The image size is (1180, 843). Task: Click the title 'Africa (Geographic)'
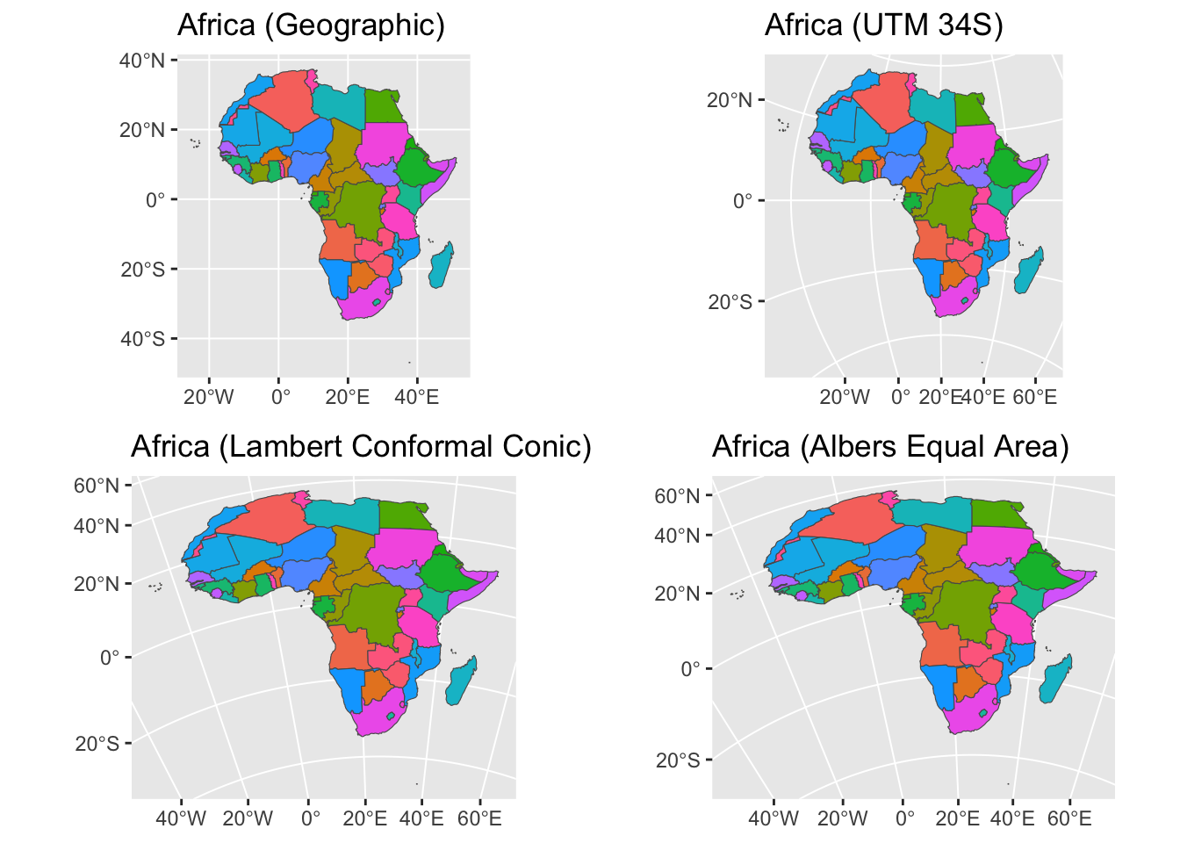tap(311, 25)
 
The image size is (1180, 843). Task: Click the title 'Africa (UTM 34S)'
tap(883, 25)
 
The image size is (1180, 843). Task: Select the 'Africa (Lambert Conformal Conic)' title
tap(361, 447)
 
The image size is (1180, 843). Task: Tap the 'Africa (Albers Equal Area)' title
tap(890, 447)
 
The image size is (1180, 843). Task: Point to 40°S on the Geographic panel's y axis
tap(142, 339)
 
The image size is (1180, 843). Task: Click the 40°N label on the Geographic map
tap(142, 61)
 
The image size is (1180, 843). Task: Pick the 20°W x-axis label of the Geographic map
tap(209, 397)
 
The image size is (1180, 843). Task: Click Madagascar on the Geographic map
tap(442, 265)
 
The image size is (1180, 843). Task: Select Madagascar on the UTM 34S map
tap(1029, 270)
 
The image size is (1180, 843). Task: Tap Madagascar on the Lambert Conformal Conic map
tap(461, 681)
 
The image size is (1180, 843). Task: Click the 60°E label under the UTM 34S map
tap(1034, 397)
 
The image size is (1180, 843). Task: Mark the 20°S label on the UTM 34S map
tap(730, 302)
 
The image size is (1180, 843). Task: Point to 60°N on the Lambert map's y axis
tap(97, 486)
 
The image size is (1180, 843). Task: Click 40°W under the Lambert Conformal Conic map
tap(181, 819)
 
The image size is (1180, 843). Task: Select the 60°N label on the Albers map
tap(677, 496)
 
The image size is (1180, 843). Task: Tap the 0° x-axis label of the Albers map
tap(904, 819)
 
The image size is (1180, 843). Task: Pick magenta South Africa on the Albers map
tap(971, 715)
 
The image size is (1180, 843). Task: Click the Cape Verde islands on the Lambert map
tap(155, 587)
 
